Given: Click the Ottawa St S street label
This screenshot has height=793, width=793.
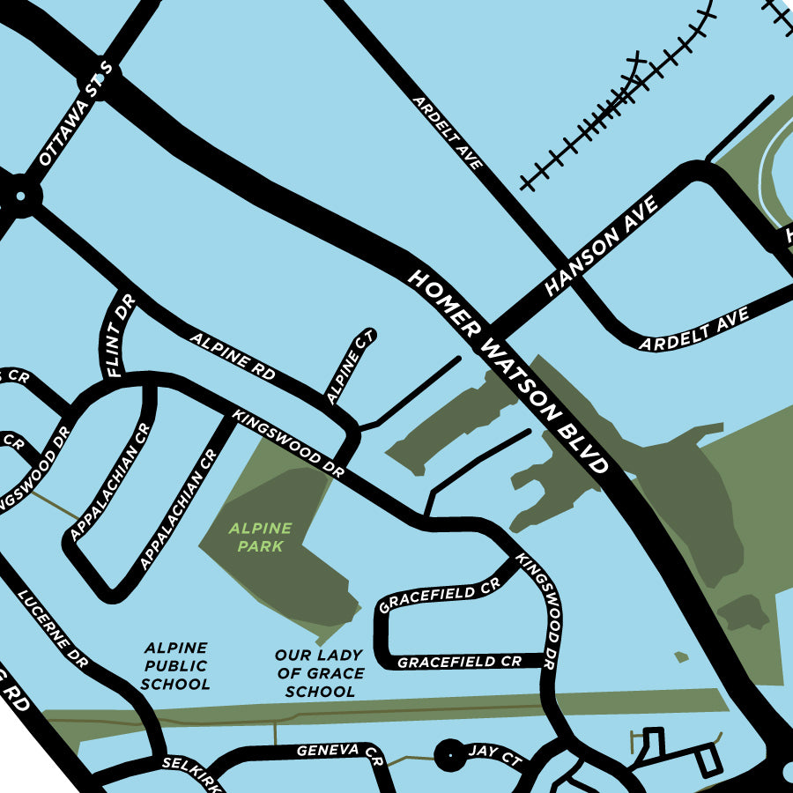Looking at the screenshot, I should [x=77, y=115].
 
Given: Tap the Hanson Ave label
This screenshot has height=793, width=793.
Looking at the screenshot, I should [x=601, y=246].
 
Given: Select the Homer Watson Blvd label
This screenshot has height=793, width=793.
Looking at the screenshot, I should [x=508, y=371].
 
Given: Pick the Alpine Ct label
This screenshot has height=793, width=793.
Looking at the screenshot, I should [x=351, y=367].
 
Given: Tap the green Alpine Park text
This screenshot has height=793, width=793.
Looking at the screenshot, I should [x=259, y=537].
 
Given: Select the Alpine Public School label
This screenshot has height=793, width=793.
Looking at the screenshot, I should [x=175, y=665].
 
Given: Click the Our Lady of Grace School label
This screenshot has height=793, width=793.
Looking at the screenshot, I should [x=319, y=673].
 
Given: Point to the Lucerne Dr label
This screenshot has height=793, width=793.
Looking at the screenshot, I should [x=53, y=629].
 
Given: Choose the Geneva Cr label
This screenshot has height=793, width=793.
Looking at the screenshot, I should [x=339, y=752].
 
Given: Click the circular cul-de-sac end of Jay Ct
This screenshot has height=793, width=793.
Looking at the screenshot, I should [x=450, y=755].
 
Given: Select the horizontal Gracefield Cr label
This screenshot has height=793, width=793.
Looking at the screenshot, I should [x=459, y=662].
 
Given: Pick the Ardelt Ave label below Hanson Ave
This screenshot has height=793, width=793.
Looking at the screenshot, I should [x=693, y=329].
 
